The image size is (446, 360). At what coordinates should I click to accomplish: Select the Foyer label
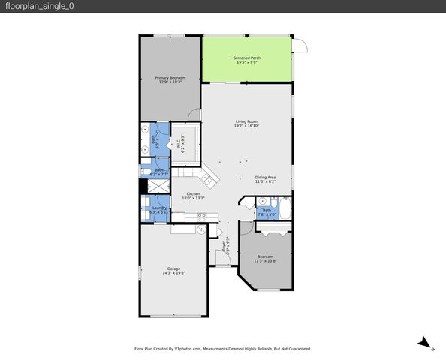pyautogui.click(x=223, y=247)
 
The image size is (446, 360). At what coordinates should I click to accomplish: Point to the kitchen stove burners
pyautogui.click(x=201, y=216)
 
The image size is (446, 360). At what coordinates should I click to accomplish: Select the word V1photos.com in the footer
pyautogui.click(x=192, y=349)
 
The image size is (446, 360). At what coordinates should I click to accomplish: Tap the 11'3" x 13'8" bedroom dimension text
pyautogui.click(x=264, y=260)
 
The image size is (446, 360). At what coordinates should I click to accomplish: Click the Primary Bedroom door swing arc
pyautogui.click(x=194, y=115)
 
